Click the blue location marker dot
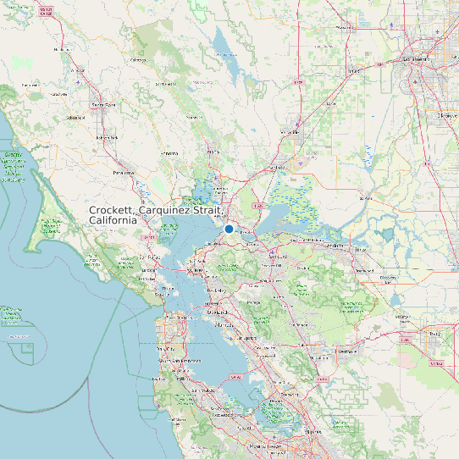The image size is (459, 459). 229,229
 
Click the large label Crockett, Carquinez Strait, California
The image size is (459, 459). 157,214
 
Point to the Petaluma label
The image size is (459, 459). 124,172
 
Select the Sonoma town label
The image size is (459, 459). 170,153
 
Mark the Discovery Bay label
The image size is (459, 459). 389,277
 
